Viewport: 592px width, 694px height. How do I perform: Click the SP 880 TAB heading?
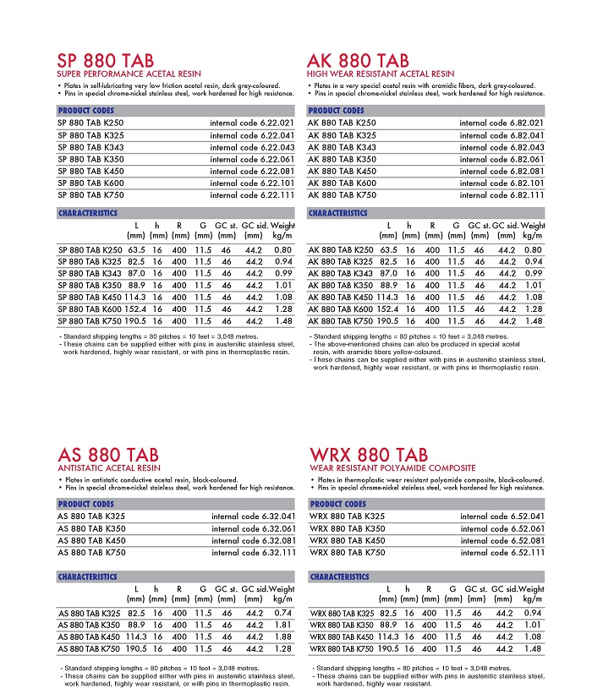106,61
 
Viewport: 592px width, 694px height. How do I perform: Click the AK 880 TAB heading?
358,61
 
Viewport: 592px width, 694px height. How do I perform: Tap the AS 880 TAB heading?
107,455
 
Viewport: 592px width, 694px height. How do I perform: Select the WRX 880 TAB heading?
369,455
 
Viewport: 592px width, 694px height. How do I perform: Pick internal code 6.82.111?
502,194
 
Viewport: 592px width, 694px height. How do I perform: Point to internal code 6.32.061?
253,528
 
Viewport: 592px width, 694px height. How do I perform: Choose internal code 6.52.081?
502,540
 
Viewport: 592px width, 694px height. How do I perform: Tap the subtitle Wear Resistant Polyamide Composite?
392,468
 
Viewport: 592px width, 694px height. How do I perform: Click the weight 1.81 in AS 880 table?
283,625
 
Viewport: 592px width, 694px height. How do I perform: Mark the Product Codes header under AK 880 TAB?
337,111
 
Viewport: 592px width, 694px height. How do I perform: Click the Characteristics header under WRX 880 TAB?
339,577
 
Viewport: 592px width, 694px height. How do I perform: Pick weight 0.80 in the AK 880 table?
533,250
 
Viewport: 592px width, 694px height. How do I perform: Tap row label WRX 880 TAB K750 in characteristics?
342,649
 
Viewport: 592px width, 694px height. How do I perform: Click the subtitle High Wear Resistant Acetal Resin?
380,74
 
